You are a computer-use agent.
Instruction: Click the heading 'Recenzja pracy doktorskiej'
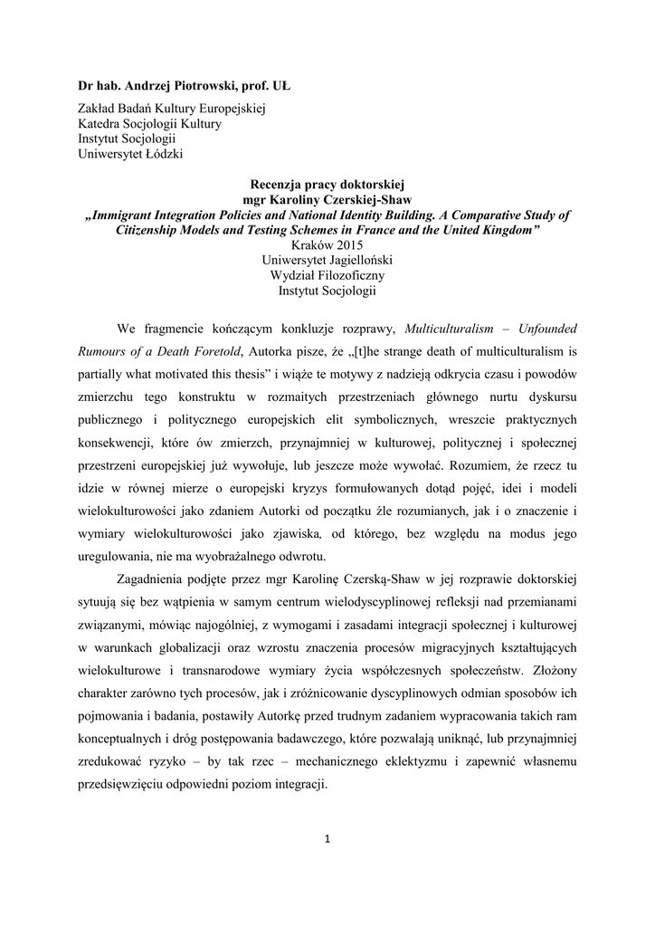pyautogui.click(x=327, y=184)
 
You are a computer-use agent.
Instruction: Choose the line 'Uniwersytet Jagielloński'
pyautogui.click(x=327, y=261)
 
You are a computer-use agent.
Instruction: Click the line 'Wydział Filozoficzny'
pyautogui.click(x=327, y=276)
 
